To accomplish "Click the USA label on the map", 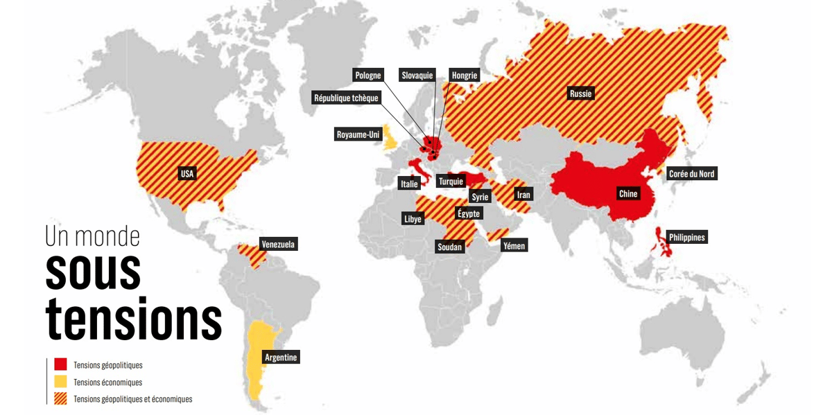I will [x=187, y=174].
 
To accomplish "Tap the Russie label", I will [x=581, y=94].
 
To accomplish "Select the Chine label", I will [x=627, y=194].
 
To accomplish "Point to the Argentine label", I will [x=281, y=357].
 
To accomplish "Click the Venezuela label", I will [x=278, y=244].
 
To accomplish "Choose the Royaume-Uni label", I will [x=358, y=134].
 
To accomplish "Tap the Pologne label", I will [x=367, y=76].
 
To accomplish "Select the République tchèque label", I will [x=347, y=98].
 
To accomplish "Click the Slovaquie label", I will [x=417, y=76].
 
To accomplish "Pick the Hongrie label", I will [x=465, y=76].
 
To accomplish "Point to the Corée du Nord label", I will [x=691, y=174].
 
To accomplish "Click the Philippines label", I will [x=687, y=238].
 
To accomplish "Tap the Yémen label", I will [x=514, y=245].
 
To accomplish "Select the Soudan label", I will [x=449, y=247].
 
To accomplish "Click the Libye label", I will [x=413, y=219].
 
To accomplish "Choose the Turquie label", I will [x=451, y=182].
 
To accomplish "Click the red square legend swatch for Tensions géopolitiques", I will [x=60, y=364].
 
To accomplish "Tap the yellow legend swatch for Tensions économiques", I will [x=60, y=382].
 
